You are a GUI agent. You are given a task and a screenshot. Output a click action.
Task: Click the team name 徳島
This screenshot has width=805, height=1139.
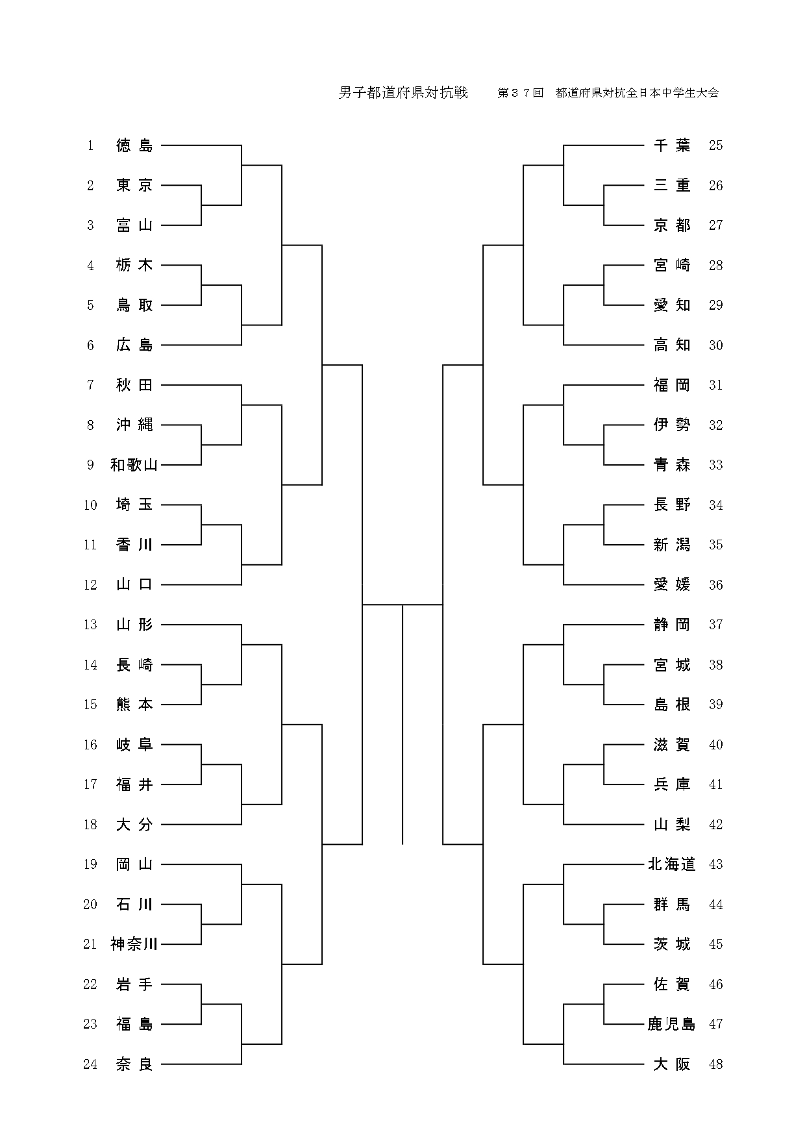point(134,146)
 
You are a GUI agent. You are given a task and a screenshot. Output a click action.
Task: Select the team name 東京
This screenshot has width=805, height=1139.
point(134,186)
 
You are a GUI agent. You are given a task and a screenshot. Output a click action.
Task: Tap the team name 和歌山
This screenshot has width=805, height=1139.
point(134,465)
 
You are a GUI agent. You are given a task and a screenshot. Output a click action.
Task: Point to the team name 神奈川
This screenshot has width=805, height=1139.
point(134,944)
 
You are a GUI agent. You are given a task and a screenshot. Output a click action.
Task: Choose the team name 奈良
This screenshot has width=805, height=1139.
point(134,1064)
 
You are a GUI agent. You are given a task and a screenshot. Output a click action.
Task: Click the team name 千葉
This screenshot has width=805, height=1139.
point(672,146)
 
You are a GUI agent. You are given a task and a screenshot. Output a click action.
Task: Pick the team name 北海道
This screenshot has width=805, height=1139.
point(671,864)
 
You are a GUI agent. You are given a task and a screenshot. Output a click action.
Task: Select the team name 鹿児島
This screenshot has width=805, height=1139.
point(671,1024)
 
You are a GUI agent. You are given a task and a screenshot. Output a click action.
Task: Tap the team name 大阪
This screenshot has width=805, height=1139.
point(672,1064)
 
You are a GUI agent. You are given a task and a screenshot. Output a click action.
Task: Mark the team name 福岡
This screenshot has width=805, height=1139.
point(672,385)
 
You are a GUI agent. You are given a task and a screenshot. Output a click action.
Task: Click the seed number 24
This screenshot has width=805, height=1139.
point(90,1064)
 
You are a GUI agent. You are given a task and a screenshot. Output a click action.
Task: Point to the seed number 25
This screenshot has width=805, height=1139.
point(715,146)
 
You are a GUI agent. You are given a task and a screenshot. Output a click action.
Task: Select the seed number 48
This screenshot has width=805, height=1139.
point(715,1064)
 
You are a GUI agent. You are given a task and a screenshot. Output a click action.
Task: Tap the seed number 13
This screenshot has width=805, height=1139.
point(90,625)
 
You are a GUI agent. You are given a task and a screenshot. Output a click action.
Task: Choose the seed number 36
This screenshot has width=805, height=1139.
point(715,585)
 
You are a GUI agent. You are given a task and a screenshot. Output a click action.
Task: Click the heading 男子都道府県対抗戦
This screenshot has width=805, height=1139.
point(403,93)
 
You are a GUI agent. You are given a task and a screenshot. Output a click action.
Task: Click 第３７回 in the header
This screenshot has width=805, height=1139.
point(520,93)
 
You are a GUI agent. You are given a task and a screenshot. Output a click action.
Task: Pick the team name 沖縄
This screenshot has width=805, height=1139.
point(134,425)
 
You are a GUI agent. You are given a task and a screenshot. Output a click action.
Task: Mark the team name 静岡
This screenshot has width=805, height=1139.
point(672,625)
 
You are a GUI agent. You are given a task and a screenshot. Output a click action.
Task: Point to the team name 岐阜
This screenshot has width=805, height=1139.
point(134,745)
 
